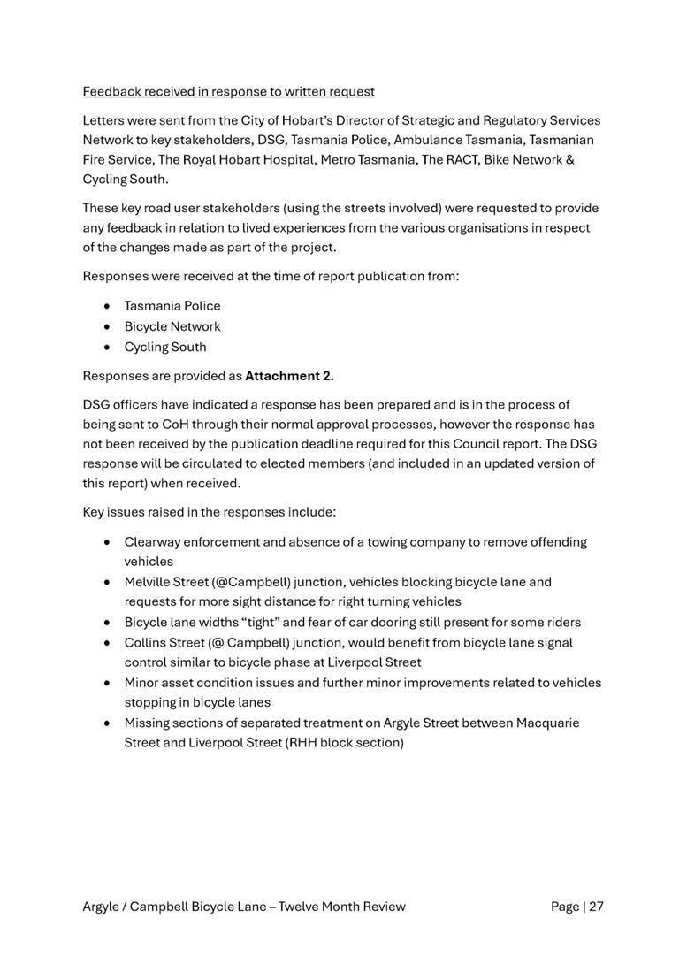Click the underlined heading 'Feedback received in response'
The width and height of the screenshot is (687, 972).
click(x=228, y=91)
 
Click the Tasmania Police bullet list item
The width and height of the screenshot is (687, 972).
click(x=172, y=306)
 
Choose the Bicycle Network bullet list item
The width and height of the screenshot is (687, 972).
click(x=172, y=326)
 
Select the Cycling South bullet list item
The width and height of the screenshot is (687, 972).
click(x=164, y=347)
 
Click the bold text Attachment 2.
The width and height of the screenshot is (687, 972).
click(x=289, y=376)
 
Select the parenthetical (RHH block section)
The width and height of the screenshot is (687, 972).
click(x=345, y=742)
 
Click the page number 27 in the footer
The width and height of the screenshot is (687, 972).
click(x=595, y=906)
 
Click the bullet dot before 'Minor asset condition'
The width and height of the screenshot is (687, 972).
click(x=107, y=683)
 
